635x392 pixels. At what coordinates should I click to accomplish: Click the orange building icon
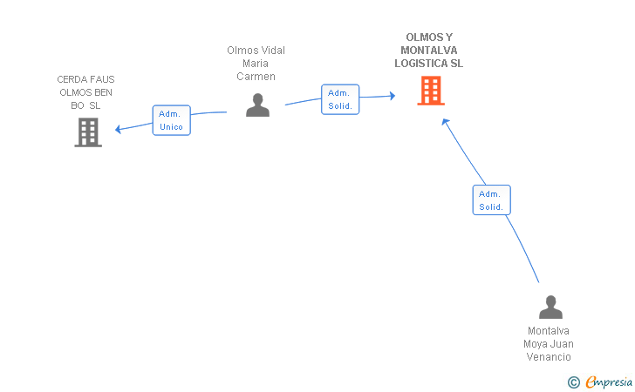tap(431, 91)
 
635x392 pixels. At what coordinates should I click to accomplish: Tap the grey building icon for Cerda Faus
tap(88, 132)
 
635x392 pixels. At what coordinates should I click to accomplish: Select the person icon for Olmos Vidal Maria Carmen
tap(257, 105)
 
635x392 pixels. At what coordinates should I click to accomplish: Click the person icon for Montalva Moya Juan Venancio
tap(550, 307)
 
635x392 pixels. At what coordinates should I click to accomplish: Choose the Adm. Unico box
tap(171, 120)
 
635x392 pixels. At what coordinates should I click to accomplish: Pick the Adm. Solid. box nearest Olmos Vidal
tap(340, 99)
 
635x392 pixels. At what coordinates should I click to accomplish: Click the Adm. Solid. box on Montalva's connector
tap(492, 199)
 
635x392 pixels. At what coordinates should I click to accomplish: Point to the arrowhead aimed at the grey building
tap(118, 129)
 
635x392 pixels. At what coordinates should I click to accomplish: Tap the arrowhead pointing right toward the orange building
tap(393, 96)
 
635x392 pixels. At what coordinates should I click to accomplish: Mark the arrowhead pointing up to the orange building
tap(446, 121)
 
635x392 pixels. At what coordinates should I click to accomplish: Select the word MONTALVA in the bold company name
tap(429, 51)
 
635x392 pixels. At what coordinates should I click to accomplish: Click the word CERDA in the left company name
tap(70, 79)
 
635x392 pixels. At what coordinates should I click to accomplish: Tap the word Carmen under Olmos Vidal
tap(256, 77)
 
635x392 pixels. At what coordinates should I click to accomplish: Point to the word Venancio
tap(549, 357)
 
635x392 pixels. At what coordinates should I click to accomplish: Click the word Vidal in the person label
tap(273, 51)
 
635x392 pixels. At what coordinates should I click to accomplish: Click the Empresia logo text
tap(609, 382)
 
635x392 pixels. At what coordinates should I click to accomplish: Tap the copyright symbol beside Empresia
tap(574, 382)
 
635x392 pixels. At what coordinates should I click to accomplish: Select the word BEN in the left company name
tap(103, 92)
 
